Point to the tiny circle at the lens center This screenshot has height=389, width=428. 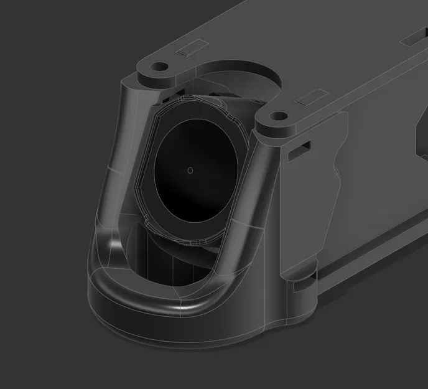pyautogui.click(x=190, y=169)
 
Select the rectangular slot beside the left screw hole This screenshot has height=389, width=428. pyautogui.click(x=193, y=49)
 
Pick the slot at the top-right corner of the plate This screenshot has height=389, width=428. pyautogui.click(x=413, y=38)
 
